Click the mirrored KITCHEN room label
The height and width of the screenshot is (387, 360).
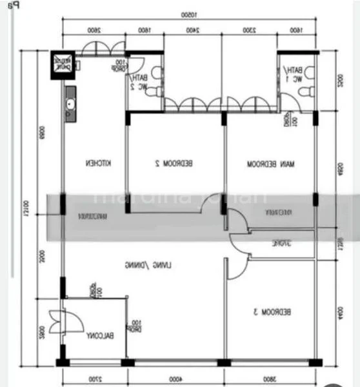98,164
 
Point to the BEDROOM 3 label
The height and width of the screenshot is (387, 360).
272,312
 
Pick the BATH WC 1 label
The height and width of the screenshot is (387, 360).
294,74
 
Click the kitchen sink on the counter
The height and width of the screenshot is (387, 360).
70,105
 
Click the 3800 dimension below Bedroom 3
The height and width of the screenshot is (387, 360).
270,379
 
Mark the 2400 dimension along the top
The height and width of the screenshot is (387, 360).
192,30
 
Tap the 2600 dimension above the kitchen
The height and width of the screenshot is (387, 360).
94,30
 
